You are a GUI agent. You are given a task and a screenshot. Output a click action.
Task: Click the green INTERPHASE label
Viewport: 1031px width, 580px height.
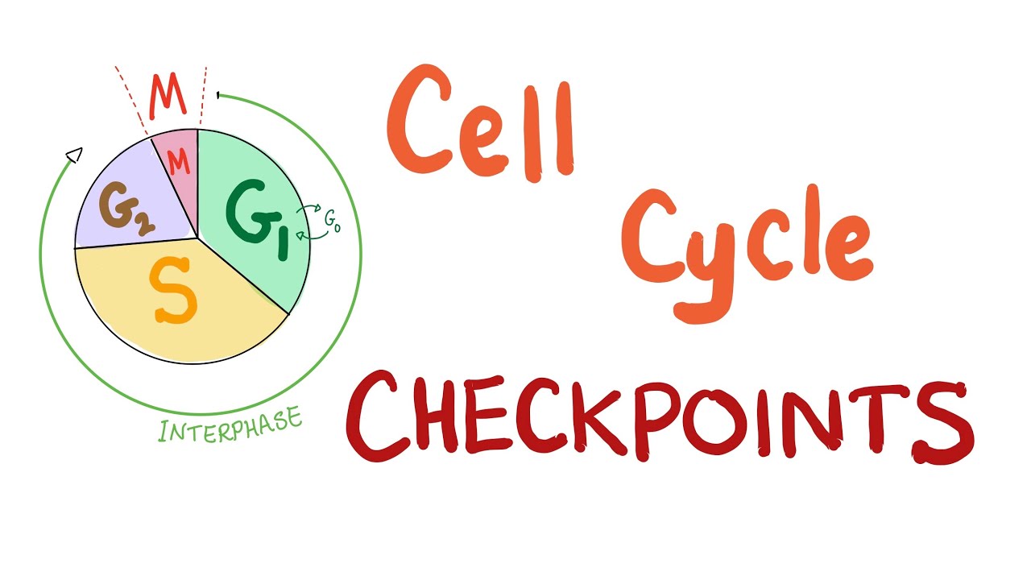(231, 425)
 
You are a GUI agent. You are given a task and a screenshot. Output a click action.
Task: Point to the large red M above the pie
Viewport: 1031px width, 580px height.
(168, 94)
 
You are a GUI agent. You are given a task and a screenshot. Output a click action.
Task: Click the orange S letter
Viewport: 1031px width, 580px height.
(173, 294)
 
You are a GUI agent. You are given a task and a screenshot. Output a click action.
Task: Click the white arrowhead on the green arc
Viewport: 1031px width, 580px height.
(74, 154)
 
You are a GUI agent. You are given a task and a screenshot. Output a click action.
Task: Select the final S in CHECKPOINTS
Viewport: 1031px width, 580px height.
(942, 419)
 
